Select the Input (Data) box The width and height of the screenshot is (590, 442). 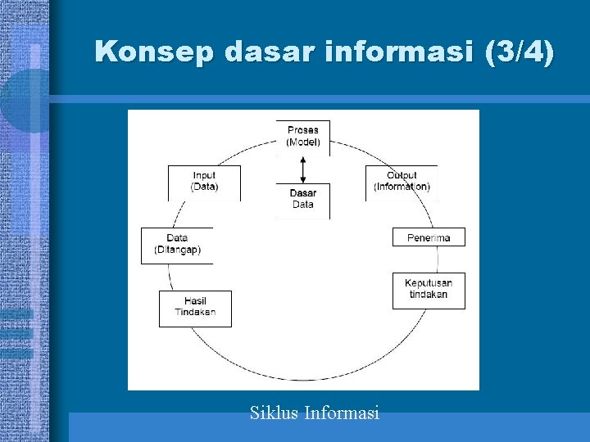205,182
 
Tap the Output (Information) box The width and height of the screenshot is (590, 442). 402,182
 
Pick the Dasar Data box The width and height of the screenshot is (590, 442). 303,200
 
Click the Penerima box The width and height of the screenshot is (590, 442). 429,237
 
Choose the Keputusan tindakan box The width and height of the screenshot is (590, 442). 429,290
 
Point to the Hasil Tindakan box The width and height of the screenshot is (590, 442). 195,308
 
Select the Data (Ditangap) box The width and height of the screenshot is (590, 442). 177,245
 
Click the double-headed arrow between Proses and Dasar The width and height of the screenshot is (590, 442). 303,169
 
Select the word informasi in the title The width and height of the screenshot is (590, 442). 395,52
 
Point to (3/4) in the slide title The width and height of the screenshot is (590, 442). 519,52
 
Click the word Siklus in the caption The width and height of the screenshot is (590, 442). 274,413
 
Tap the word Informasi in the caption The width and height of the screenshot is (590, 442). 342,413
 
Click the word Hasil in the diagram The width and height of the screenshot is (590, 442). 195,302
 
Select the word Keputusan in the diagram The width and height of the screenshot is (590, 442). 429,284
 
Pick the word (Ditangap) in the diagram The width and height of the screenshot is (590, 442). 178,250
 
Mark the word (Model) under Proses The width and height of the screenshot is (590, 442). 303,142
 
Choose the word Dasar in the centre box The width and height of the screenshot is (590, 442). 303,194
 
